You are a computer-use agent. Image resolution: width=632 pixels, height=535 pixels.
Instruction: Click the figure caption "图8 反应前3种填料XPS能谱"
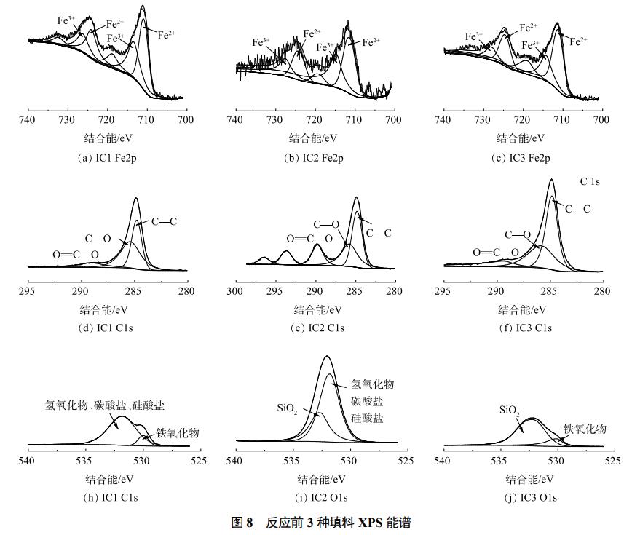tap(315, 523)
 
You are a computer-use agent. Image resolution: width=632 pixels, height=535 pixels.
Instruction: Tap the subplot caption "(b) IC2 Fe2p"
tap(315, 158)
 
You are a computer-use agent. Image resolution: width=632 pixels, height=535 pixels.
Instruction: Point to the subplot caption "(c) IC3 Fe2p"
tap(522, 158)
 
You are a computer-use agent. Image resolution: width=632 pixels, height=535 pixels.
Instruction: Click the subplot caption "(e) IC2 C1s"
tap(315, 328)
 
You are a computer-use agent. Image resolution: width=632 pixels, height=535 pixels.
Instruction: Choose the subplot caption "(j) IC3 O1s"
tap(522, 497)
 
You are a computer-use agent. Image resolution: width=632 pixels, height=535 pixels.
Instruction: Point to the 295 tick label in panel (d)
tap(28, 291)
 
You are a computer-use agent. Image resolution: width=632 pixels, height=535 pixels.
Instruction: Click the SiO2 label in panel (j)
tap(508, 411)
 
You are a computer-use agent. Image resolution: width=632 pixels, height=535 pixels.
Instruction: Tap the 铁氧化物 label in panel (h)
tap(178, 432)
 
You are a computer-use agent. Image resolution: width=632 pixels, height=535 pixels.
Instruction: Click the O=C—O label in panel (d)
tap(71, 254)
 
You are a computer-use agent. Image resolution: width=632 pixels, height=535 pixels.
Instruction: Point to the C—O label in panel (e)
tap(326, 225)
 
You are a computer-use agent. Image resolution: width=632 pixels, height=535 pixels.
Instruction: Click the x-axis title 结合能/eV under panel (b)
tap(315, 138)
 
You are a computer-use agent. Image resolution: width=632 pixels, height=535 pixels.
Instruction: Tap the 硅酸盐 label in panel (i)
tap(367, 419)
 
